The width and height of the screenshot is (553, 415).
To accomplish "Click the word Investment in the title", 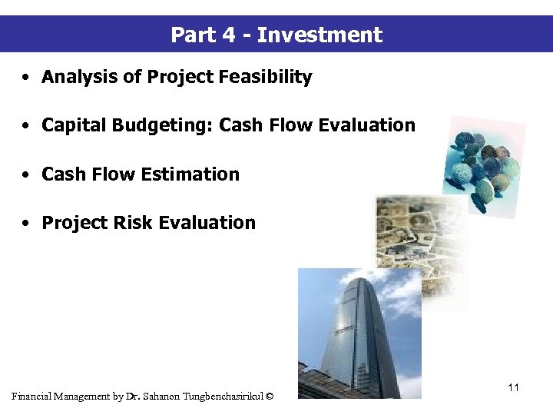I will tap(320, 35).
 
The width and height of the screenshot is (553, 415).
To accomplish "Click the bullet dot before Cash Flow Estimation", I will tap(26, 175).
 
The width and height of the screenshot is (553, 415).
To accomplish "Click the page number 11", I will tap(513, 387).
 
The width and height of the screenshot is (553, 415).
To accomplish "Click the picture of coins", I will tap(484, 161).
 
